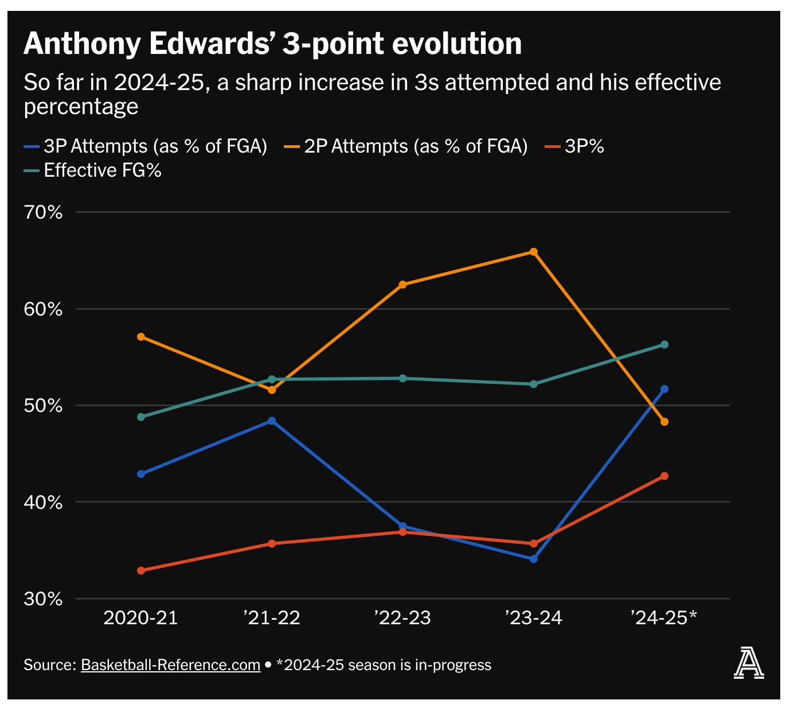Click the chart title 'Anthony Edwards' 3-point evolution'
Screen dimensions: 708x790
pyautogui.click(x=272, y=44)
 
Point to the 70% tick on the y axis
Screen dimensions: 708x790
pyautogui.click(x=43, y=212)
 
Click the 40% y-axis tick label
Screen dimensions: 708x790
pyautogui.click(x=43, y=503)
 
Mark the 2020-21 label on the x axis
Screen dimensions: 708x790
pyautogui.click(x=140, y=617)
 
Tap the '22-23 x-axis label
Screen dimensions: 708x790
pyautogui.click(x=402, y=617)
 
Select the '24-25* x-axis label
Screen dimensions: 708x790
pyautogui.click(x=664, y=617)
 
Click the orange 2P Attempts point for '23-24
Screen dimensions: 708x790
pyautogui.click(x=534, y=252)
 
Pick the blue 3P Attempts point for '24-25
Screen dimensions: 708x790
pyautogui.click(x=664, y=389)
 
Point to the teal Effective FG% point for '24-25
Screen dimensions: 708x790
pyautogui.click(x=664, y=344)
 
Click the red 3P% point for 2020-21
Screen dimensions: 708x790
pyautogui.click(x=141, y=570)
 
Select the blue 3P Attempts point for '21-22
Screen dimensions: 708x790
pyautogui.click(x=272, y=421)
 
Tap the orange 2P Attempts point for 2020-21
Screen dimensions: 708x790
pyautogui.click(x=141, y=337)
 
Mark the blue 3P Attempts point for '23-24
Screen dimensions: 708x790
pyautogui.click(x=534, y=559)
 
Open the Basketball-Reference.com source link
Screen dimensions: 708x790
pyautogui.click(x=171, y=665)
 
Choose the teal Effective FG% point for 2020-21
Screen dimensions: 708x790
pyautogui.click(x=141, y=417)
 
